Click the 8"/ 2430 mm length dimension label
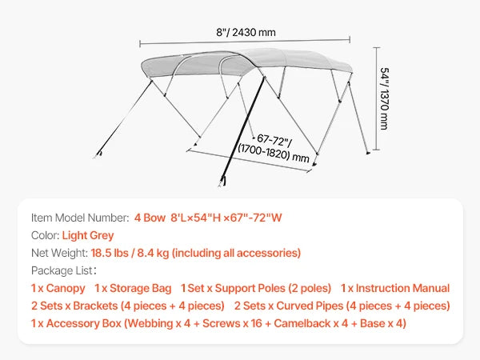(x=245, y=32)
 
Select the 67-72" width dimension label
(x=273, y=147)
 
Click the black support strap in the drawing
(x=244, y=127)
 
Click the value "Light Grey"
(x=87, y=235)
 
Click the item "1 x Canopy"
(x=58, y=288)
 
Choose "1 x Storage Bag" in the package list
(x=132, y=288)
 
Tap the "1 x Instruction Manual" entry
(x=394, y=288)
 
